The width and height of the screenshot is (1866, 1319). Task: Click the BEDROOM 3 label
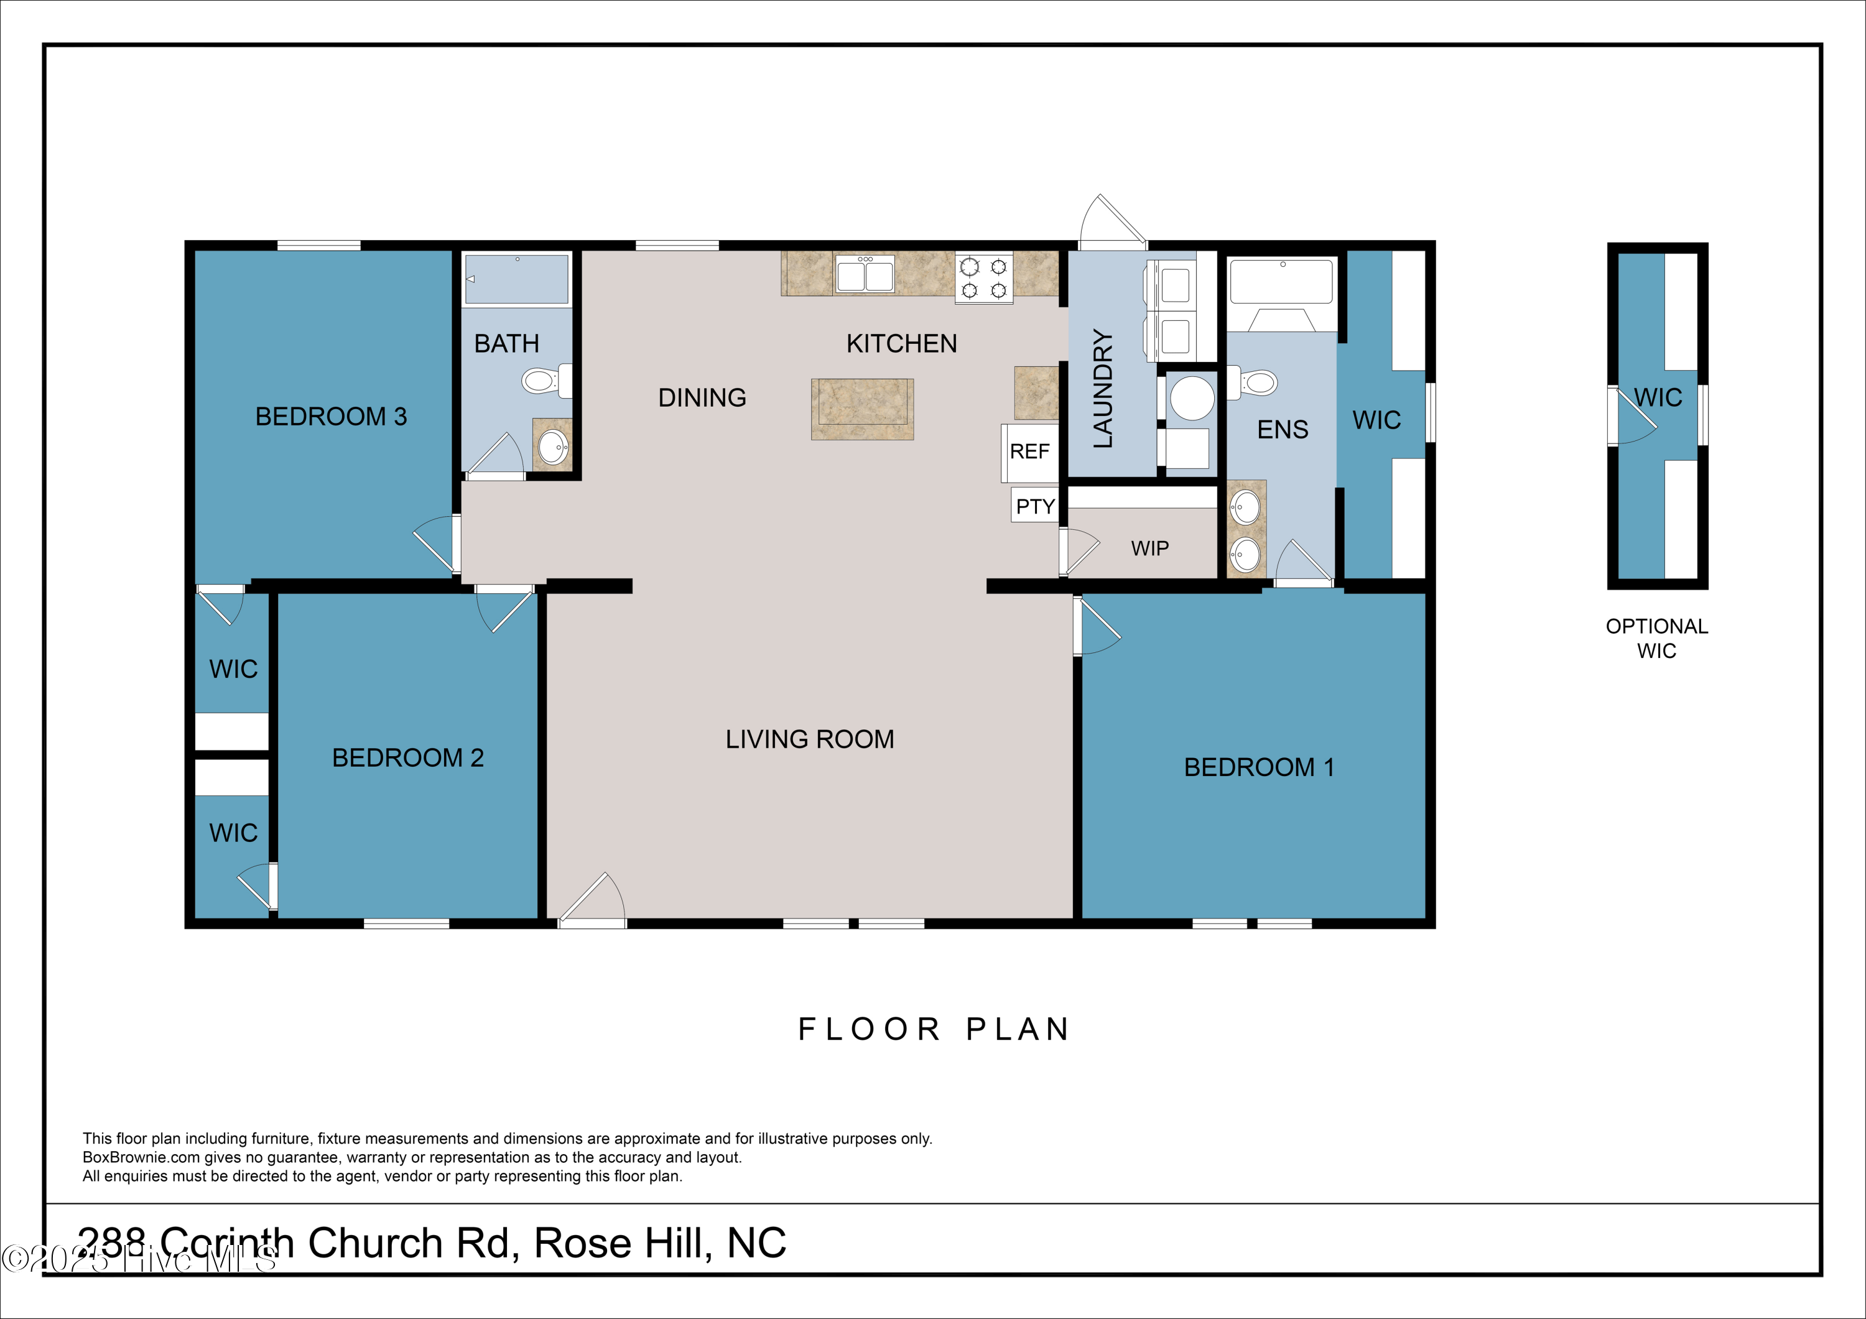coord(331,416)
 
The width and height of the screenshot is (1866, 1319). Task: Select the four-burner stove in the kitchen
coord(983,278)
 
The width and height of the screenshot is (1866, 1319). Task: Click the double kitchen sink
coord(865,273)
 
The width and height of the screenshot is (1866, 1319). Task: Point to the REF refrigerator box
coord(1029,452)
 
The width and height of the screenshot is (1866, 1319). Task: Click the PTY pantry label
coord(1034,506)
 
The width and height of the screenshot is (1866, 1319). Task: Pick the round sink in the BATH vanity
coord(554,446)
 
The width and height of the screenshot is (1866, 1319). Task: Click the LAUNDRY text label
coord(1102,389)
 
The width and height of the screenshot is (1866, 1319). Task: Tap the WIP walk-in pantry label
coord(1149,548)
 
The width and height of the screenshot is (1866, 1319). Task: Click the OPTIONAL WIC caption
coord(1656,638)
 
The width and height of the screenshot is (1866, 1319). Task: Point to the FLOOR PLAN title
coord(933,1029)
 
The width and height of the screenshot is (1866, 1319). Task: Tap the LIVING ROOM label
coord(809,739)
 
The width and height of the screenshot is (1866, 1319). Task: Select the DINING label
coord(702,397)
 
